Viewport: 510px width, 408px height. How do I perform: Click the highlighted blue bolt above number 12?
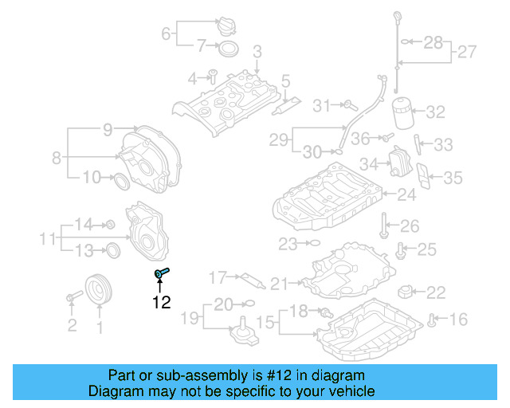[163, 273]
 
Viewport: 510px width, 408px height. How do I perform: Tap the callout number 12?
[162, 302]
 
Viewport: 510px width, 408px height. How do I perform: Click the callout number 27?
[467, 53]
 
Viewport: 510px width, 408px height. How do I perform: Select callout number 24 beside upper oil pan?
[407, 194]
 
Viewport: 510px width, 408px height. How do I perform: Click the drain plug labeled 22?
[409, 292]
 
